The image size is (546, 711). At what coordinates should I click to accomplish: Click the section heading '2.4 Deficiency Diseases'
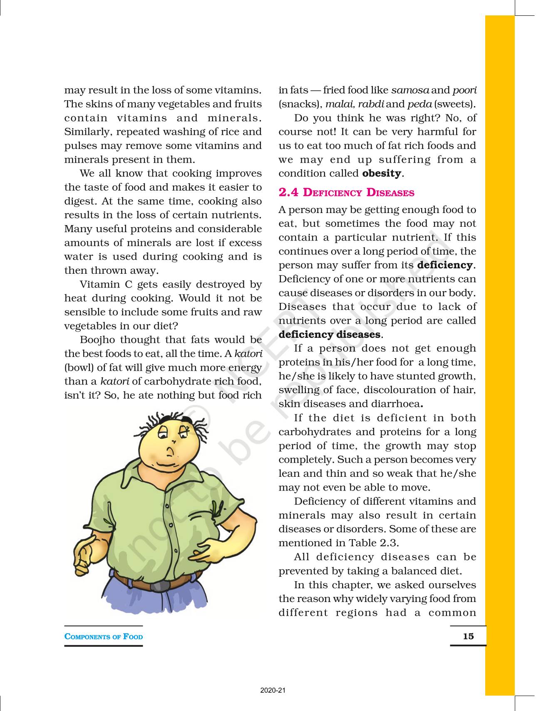click(346, 193)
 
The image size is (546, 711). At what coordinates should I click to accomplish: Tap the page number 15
click(468, 636)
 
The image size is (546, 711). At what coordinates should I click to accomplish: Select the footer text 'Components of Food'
click(104, 637)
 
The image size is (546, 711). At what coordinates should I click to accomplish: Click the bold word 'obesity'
click(382, 173)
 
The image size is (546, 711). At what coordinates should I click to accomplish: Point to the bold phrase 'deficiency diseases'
click(329, 334)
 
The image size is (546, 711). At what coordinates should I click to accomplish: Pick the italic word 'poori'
click(464, 90)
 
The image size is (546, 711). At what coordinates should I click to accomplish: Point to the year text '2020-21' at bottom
click(273, 691)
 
